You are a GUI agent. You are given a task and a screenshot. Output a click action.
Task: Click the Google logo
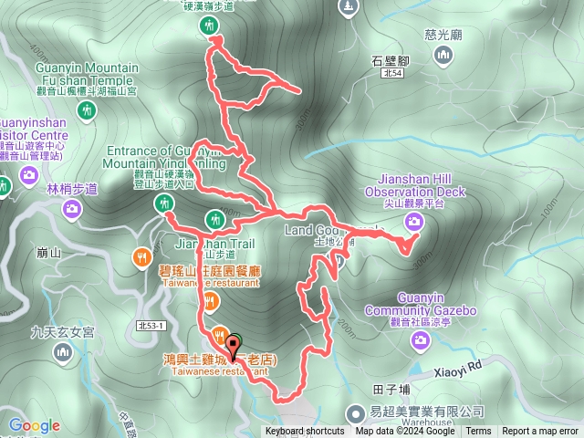click(x=35, y=425)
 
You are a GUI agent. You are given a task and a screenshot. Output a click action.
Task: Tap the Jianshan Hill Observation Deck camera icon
click(x=414, y=221)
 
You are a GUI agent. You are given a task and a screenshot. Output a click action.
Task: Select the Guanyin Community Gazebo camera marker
click(x=420, y=340)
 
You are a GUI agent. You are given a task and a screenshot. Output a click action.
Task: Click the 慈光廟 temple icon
click(x=443, y=57)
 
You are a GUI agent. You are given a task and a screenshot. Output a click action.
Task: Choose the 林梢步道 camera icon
click(x=72, y=210)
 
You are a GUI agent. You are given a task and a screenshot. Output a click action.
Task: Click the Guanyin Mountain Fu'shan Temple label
click(x=87, y=74)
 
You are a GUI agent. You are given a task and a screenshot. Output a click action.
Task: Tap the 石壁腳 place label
click(x=391, y=60)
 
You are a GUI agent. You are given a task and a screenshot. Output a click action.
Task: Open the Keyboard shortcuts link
click(x=305, y=432)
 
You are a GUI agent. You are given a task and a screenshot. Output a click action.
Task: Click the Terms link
click(x=478, y=432)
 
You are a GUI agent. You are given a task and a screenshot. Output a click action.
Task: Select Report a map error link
click(x=540, y=432)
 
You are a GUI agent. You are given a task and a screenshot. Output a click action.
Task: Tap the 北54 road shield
click(x=392, y=73)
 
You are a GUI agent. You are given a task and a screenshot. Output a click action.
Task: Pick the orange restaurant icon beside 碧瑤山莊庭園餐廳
click(x=141, y=257)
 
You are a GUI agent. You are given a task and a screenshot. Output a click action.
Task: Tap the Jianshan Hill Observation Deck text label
click(x=415, y=193)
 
